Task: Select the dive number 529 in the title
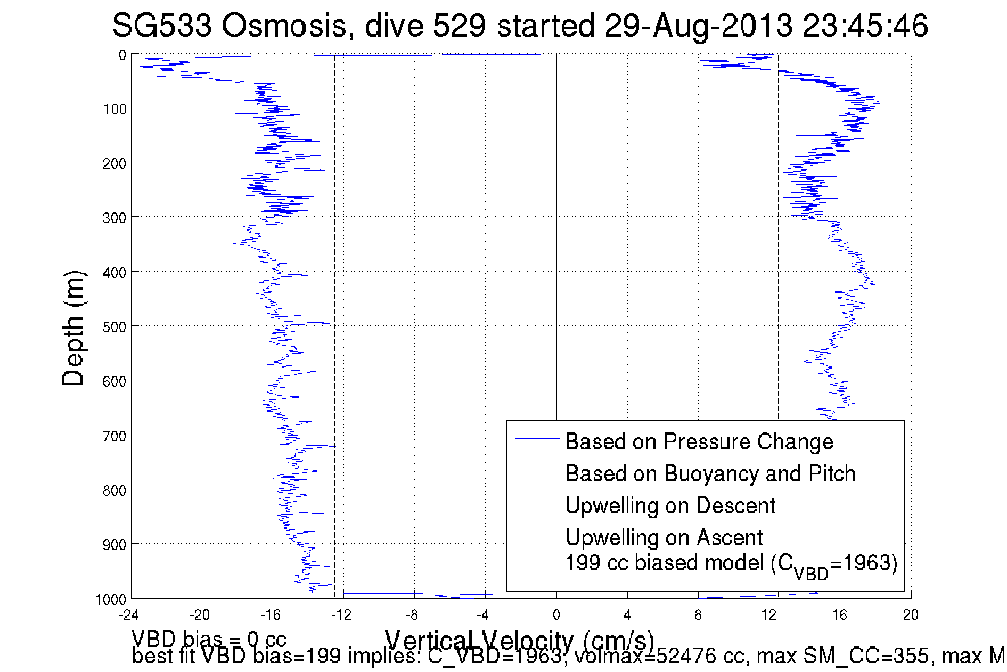[x=459, y=25]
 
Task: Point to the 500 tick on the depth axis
[x=114, y=326]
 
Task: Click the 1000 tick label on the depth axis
[x=111, y=600]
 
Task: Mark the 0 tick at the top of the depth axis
[x=122, y=55]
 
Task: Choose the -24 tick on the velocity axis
[x=129, y=615]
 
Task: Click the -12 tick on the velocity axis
[x=341, y=615]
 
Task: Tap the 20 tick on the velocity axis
[x=911, y=615]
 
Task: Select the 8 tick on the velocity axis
[x=698, y=615]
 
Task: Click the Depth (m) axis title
[x=73, y=328]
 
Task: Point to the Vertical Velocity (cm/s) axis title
[x=519, y=639]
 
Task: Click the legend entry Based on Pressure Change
[x=699, y=441]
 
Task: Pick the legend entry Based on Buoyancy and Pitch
[x=710, y=473]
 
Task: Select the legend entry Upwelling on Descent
[x=670, y=505]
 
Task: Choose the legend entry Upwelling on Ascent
[x=664, y=537]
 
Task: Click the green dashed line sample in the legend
[x=538, y=502]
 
